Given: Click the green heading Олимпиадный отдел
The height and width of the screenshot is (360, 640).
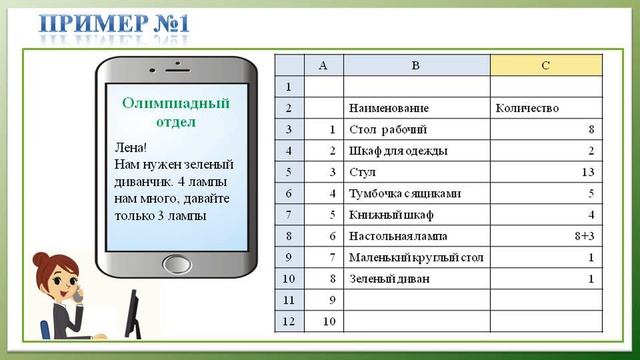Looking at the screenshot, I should point(175,112).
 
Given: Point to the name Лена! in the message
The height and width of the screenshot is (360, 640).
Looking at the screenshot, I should point(131,147).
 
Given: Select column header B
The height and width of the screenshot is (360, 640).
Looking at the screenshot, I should point(416,65).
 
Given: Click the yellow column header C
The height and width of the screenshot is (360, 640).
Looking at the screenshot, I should point(546,65).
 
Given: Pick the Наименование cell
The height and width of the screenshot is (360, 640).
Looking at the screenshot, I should point(389,108).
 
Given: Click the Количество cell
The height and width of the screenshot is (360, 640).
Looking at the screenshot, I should point(527,108).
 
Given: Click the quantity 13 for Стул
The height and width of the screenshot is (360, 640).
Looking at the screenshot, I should point(588,172).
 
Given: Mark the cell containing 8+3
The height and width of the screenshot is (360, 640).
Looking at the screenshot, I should point(584,236).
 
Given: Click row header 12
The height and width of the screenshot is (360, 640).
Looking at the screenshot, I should point(289,321).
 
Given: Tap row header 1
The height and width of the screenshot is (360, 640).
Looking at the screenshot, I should point(289,87).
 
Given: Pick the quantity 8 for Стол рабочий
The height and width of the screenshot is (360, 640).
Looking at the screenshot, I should point(591,130).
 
